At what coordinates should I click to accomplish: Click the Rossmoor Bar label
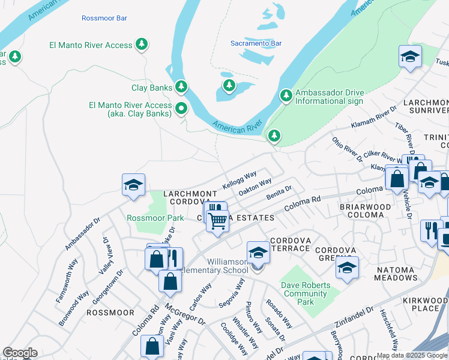click(104, 19)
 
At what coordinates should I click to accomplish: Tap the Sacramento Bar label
click(256, 43)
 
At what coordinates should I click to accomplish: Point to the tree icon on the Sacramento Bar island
click(229, 85)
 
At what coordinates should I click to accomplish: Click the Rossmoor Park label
click(155, 218)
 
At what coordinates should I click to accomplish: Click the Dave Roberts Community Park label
click(306, 293)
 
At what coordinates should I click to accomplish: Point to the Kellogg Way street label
click(240, 179)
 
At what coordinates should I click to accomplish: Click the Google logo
click(20, 353)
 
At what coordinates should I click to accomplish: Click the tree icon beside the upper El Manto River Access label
click(142, 44)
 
